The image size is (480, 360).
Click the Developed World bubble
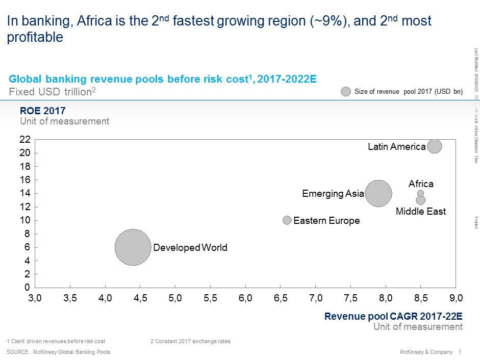[x=133, y=247]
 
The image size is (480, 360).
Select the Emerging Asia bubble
[x=378, y=193]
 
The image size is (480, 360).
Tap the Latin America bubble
[x=435, y=146]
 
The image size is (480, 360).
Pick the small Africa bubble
[x=420, y=193]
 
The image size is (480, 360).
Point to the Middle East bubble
[x=420, y=200]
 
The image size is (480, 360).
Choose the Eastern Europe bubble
[x=287, y=220]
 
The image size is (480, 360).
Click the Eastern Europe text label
[x=326, y=221]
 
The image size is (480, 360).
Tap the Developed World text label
[x=190, y=248]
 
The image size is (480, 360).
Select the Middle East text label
[x=421, y=211]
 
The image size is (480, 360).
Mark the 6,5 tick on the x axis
[x=281, y=297]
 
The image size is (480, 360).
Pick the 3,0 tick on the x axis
[x=35, y=297]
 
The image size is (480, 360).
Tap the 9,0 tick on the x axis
[x=456, y=297]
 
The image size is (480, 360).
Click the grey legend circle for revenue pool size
[x=346, y=92]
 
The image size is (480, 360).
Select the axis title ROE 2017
[x=42, y=111]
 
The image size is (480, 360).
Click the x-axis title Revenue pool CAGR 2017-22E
[x=393, y=316]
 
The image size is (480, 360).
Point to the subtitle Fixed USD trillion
[x=53, y=92]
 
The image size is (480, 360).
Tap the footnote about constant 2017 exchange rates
[x=190, y=341]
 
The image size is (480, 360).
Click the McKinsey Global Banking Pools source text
[x=71, y=352]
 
